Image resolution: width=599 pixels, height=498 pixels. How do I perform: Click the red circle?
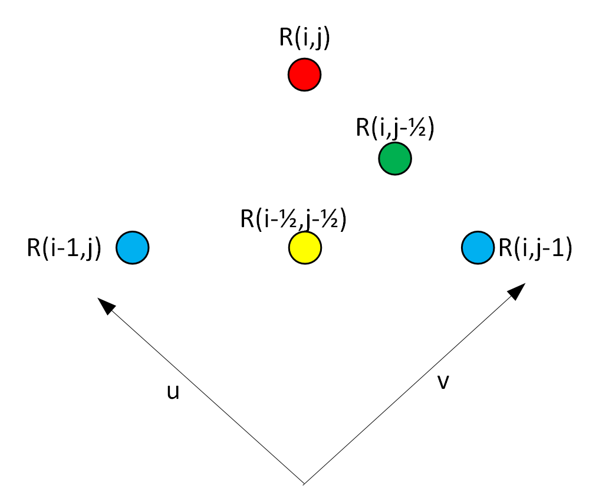point(304,75)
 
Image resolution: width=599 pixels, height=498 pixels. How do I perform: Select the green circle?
point(394,159)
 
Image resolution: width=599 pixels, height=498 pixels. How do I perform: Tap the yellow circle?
point(305,247)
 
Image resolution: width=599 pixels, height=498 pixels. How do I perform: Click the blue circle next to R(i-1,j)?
point(133,247)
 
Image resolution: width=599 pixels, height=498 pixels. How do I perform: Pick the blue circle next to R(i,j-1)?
point(477,247)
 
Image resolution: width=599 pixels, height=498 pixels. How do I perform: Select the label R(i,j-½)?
point(395,128)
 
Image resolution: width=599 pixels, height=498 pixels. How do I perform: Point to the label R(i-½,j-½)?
point(293,218)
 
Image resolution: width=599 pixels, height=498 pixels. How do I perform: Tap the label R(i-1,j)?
point(65,248)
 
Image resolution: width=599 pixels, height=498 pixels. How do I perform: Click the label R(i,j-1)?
point(535,248)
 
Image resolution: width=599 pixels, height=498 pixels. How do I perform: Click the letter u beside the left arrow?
point(172,392)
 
